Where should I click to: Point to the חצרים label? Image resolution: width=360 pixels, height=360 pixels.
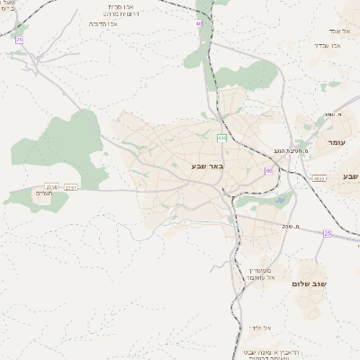(x=46, y=193)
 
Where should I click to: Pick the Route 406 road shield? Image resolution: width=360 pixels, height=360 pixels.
(x=220, y=138)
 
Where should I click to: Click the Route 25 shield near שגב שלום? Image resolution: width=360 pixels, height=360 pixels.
(x=327, y=234)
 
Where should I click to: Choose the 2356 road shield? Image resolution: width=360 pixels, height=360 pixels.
(x=51, y=186)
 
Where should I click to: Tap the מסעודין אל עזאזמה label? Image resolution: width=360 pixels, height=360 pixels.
(x=260, y=274)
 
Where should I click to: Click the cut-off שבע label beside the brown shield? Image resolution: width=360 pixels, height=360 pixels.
(x=350, y=175)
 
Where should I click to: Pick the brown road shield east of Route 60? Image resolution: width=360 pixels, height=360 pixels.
(x=319, y=179)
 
